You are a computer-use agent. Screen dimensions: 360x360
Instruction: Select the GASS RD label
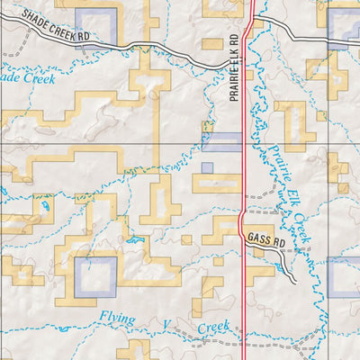coord(262,242)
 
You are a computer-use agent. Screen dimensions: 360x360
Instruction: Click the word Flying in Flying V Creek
coord(120,317)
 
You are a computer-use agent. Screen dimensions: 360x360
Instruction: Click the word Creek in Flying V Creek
coord(213,328)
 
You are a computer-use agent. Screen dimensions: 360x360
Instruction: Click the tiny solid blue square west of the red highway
coord(207,167)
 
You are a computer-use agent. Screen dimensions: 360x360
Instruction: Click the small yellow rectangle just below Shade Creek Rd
coord(211,43)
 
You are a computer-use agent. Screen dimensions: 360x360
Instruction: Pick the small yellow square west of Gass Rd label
coord(186,240)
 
